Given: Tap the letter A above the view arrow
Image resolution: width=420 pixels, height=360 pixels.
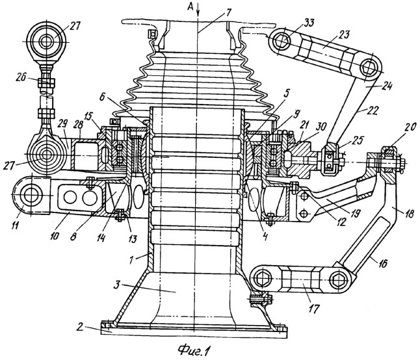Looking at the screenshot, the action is (190, 8).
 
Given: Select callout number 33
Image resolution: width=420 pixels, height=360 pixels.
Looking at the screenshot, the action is (309, 23).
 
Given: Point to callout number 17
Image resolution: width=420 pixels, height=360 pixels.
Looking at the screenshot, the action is (314, 309).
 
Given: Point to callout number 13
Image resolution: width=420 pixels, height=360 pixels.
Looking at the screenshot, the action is (133, 238).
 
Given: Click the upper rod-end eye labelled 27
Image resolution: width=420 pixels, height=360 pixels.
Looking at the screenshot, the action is (46, 42).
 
